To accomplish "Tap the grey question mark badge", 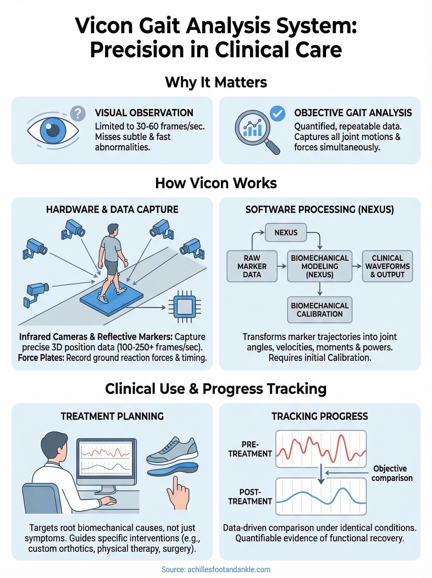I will point(78,113).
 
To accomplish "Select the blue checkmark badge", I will point(277,113).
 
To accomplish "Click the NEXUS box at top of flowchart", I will point(286,232).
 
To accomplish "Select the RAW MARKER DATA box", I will point(252,266).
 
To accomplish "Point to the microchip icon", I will point(185,307).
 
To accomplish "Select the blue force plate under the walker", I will point(111,300).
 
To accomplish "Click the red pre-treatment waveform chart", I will point(321,449).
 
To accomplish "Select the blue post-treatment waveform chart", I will point(321,496).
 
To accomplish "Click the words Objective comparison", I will point(391,473).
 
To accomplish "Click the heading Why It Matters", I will point(216,82).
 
